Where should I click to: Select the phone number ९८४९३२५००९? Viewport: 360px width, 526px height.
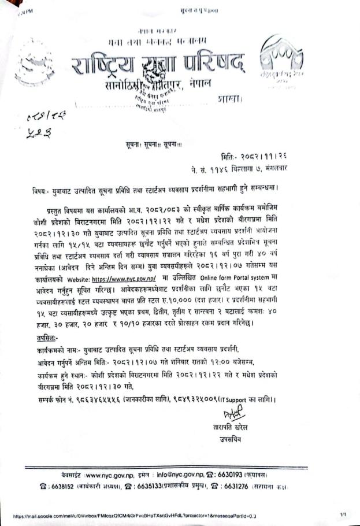(199, 399)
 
